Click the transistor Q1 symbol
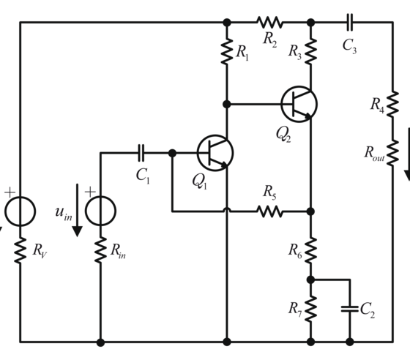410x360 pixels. pyautogui.click(x=215, y=153)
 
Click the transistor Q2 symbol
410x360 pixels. pyautogui.click(x=299, y=104)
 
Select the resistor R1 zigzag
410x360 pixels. pyautogui.click(x=227, y=51)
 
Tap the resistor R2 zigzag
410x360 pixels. pyautogui.click(x=270, y=23)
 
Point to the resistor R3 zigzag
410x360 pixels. pyautogui.click(x=310, y=51)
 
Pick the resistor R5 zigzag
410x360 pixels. pyautogui.click(x=270, y=211)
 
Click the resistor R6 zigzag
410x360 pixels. pyautogui.click(x=310, y=250)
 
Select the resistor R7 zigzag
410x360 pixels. pyautogui.click(x=310, y=309)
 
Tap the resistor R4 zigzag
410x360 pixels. pyautogui.click(x=392, y=104)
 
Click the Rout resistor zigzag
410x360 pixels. pyautogui.click(x=392, y=153)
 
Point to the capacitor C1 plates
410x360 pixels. pyautogui.click(x=141, y=153)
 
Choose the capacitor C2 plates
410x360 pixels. pyautogui.click(x=350, y=309)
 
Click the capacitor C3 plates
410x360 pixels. pyautogui.click(x=350, y=23)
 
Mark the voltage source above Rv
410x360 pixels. pyautogui.click(x=20, y=211)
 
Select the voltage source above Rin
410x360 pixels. pyautogui.click(x=100, y=211)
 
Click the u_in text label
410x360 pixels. pyautogui.click(x=64, y=213)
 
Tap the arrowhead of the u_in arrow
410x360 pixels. pyautogui.click(x=77, y=231)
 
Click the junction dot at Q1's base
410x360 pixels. pyautogui.click(x=172, y=153)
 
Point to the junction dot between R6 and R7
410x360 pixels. pyautogui.click(x=310, y=280)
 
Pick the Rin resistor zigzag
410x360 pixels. pyautogui.click(x=100, y=250)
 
